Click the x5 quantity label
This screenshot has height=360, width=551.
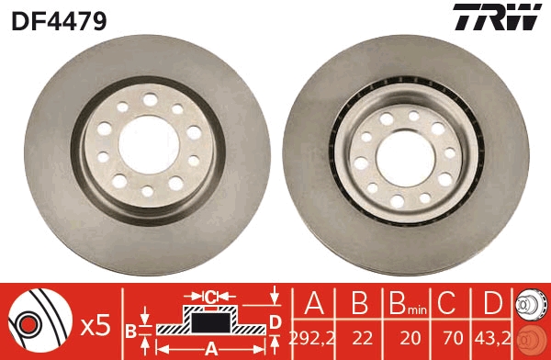pyautogui.click(x=95, y=324)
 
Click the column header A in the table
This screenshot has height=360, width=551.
pyautogui.click(x=311, y=304)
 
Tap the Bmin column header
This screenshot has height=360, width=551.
pyautogui.click(x=402, y=304)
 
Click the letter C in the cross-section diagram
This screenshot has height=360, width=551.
pyautogui.click(x=211, y=297)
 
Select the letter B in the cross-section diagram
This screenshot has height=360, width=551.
pyautogui.click(x=130, y=329)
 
